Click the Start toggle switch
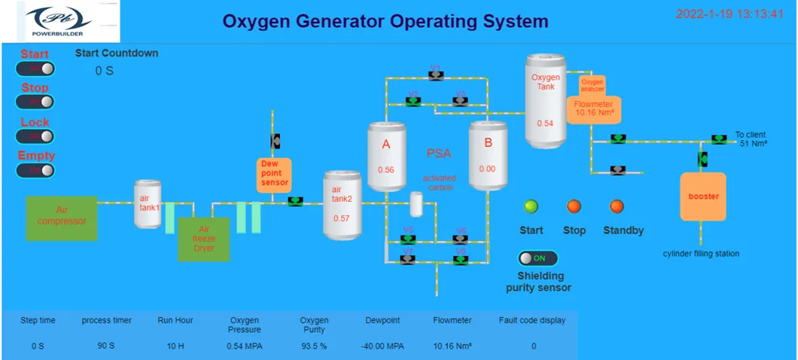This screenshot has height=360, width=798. coord(35,69)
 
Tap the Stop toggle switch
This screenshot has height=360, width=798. coord(35,102)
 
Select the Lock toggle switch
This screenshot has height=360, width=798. coord(35,136)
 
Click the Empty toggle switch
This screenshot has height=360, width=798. coord(35,170)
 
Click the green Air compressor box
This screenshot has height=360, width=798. coord(62,218)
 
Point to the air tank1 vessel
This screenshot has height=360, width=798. coord(148,203)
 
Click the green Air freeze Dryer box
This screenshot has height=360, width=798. coord(203,239)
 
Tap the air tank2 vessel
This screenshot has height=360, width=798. coord(343,205)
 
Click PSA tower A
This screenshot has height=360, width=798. coord(387,157)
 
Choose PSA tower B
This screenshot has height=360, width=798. coord(487,157)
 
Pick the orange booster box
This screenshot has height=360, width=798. coord(704,197)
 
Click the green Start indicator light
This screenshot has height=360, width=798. coord(531,206)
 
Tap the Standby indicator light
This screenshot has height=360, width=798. coord(617,206)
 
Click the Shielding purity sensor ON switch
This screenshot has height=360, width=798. coord(538,258)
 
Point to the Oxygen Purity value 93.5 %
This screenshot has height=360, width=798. coord(315,346)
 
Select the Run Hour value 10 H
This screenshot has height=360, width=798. coord(175,346)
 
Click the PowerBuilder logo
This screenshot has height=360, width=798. coord(61,22)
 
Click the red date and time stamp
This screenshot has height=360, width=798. coord(729,14)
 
